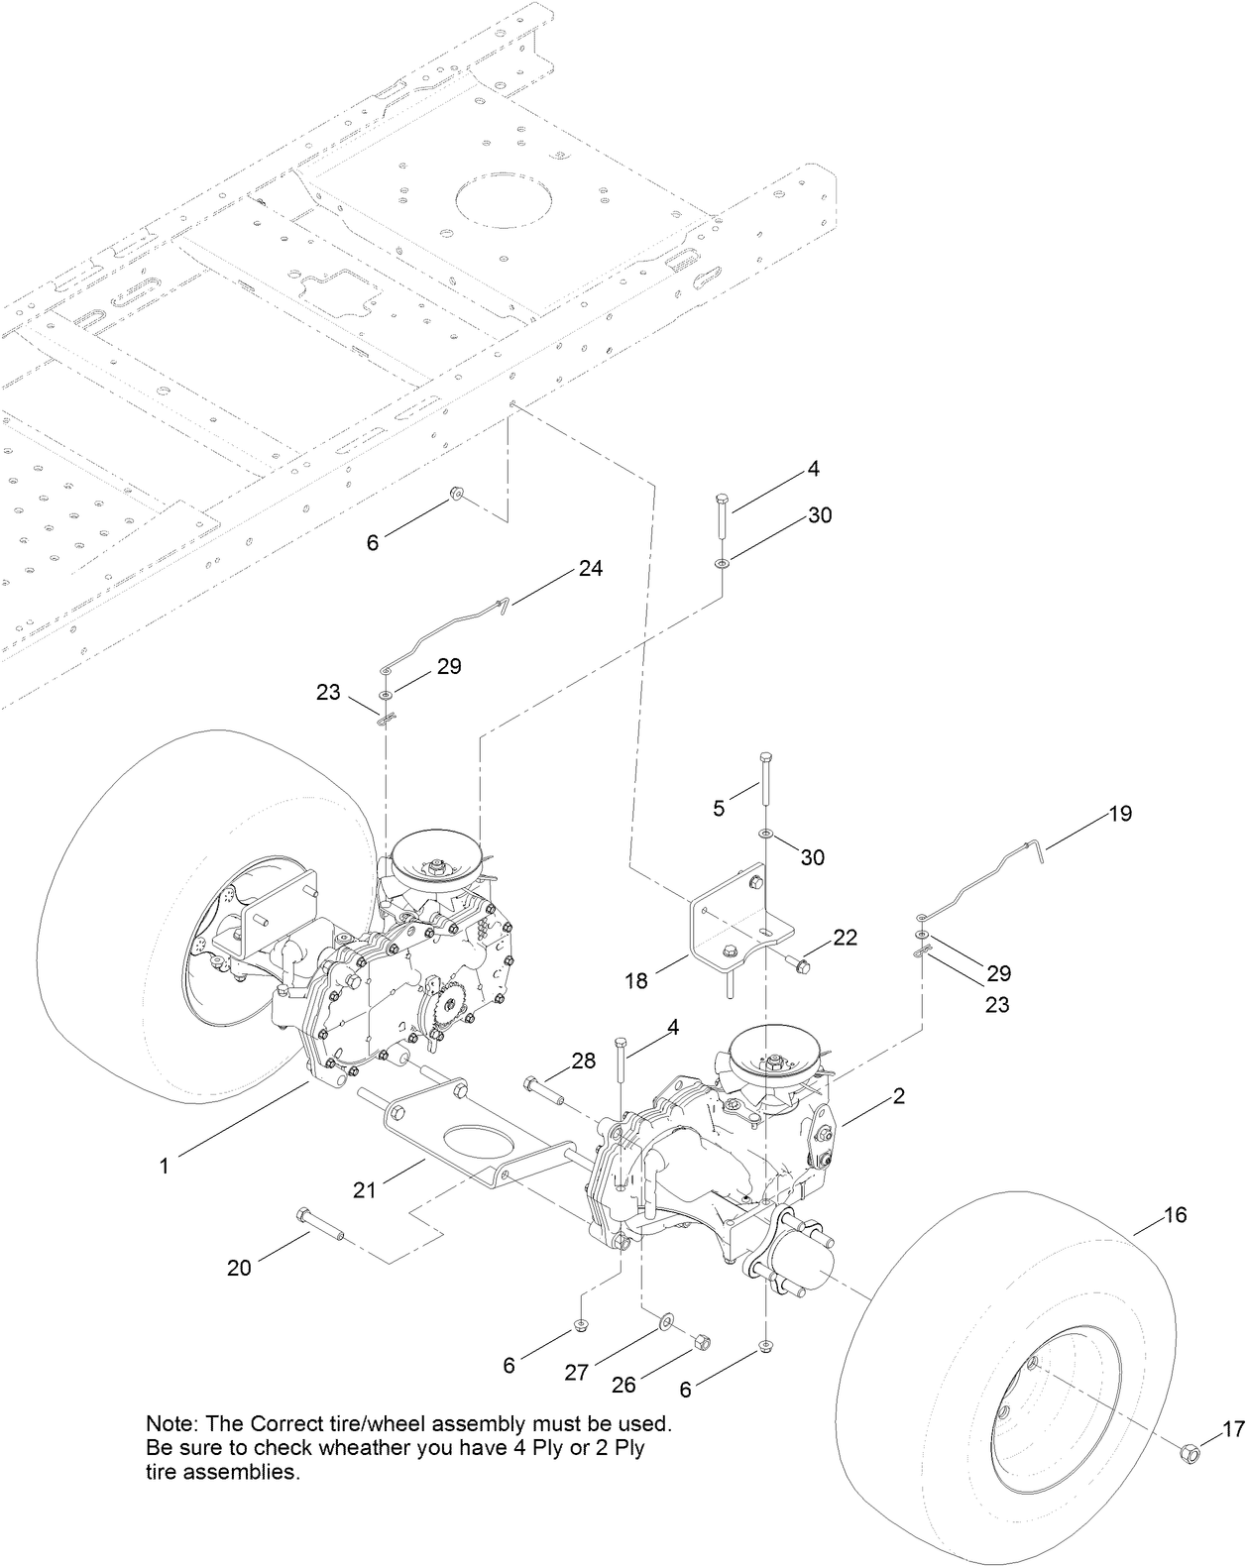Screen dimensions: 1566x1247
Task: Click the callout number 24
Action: [591, 569]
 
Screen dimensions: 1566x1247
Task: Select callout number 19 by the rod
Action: [1120, 814]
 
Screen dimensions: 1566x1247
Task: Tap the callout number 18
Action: [636, 980]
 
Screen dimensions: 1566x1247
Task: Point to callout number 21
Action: [365, 1189]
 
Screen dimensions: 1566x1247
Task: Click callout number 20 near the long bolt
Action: [239, 1267]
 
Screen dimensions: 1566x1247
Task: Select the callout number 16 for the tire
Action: [1175, 1214]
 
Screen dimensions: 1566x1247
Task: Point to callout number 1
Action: [165, 1167]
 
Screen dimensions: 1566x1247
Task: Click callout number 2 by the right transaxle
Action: [898, 1096]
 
